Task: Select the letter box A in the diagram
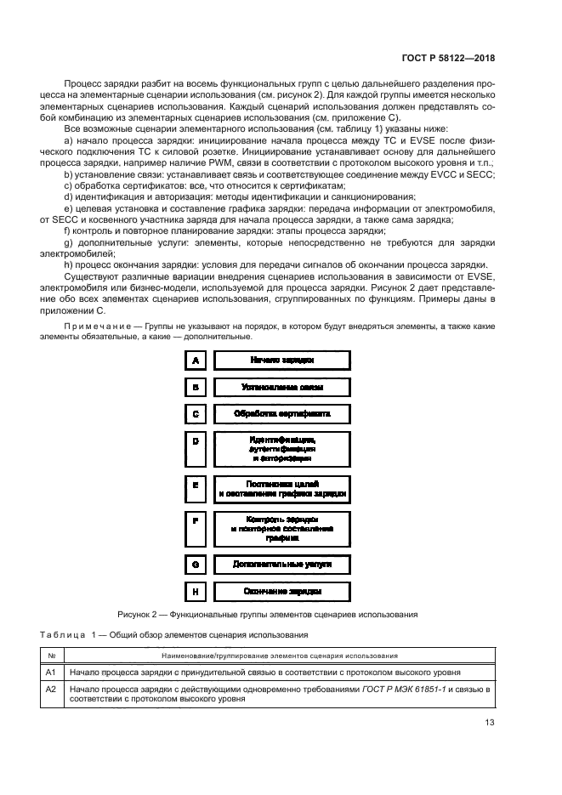pyautogui.click(x=196, y=361)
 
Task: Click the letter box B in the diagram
pyautogui.click(x=196, y=387)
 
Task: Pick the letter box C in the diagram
pyautogui.click(x=196, y=414)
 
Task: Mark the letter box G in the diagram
pyautogui.click(x=196, y=564)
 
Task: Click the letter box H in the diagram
pyautogui.click(x=196, y=591)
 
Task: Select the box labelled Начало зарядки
pyautogui.click(x=282, y=361)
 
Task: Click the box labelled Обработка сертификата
pyautogui.click(x=282, y=414)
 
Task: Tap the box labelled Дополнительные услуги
pyautogui.click(x=282, y=564)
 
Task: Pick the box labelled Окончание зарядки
pyautogui.click(x=282, y=591)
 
